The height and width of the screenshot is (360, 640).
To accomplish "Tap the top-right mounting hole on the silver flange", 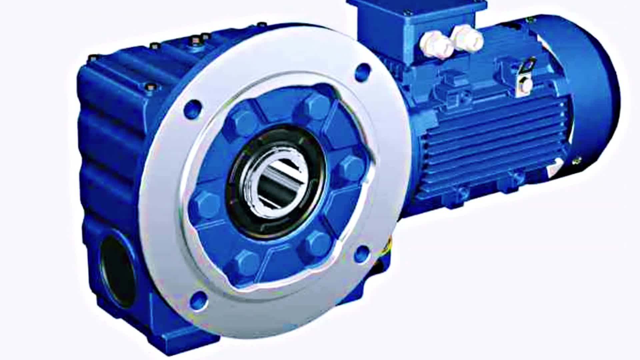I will [x=363, y=71].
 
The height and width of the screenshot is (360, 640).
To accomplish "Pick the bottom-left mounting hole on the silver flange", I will [x=199, y=299].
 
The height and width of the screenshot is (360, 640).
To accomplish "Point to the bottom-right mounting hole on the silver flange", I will [x=361, y=254].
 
